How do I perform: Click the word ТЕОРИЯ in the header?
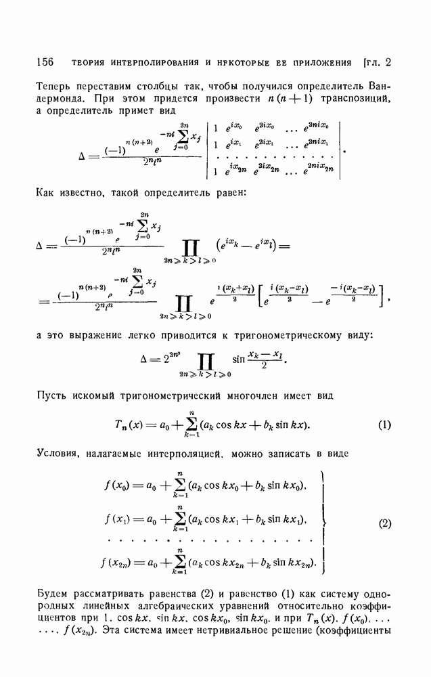pyautogui.click(x=91, y=64)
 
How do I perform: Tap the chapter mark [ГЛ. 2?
pyautogui.click(x=378, y=64)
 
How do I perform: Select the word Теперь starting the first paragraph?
pyautogui.click(x=53, y=86)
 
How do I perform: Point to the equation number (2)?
pyautogui.click(x=384, y=523)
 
